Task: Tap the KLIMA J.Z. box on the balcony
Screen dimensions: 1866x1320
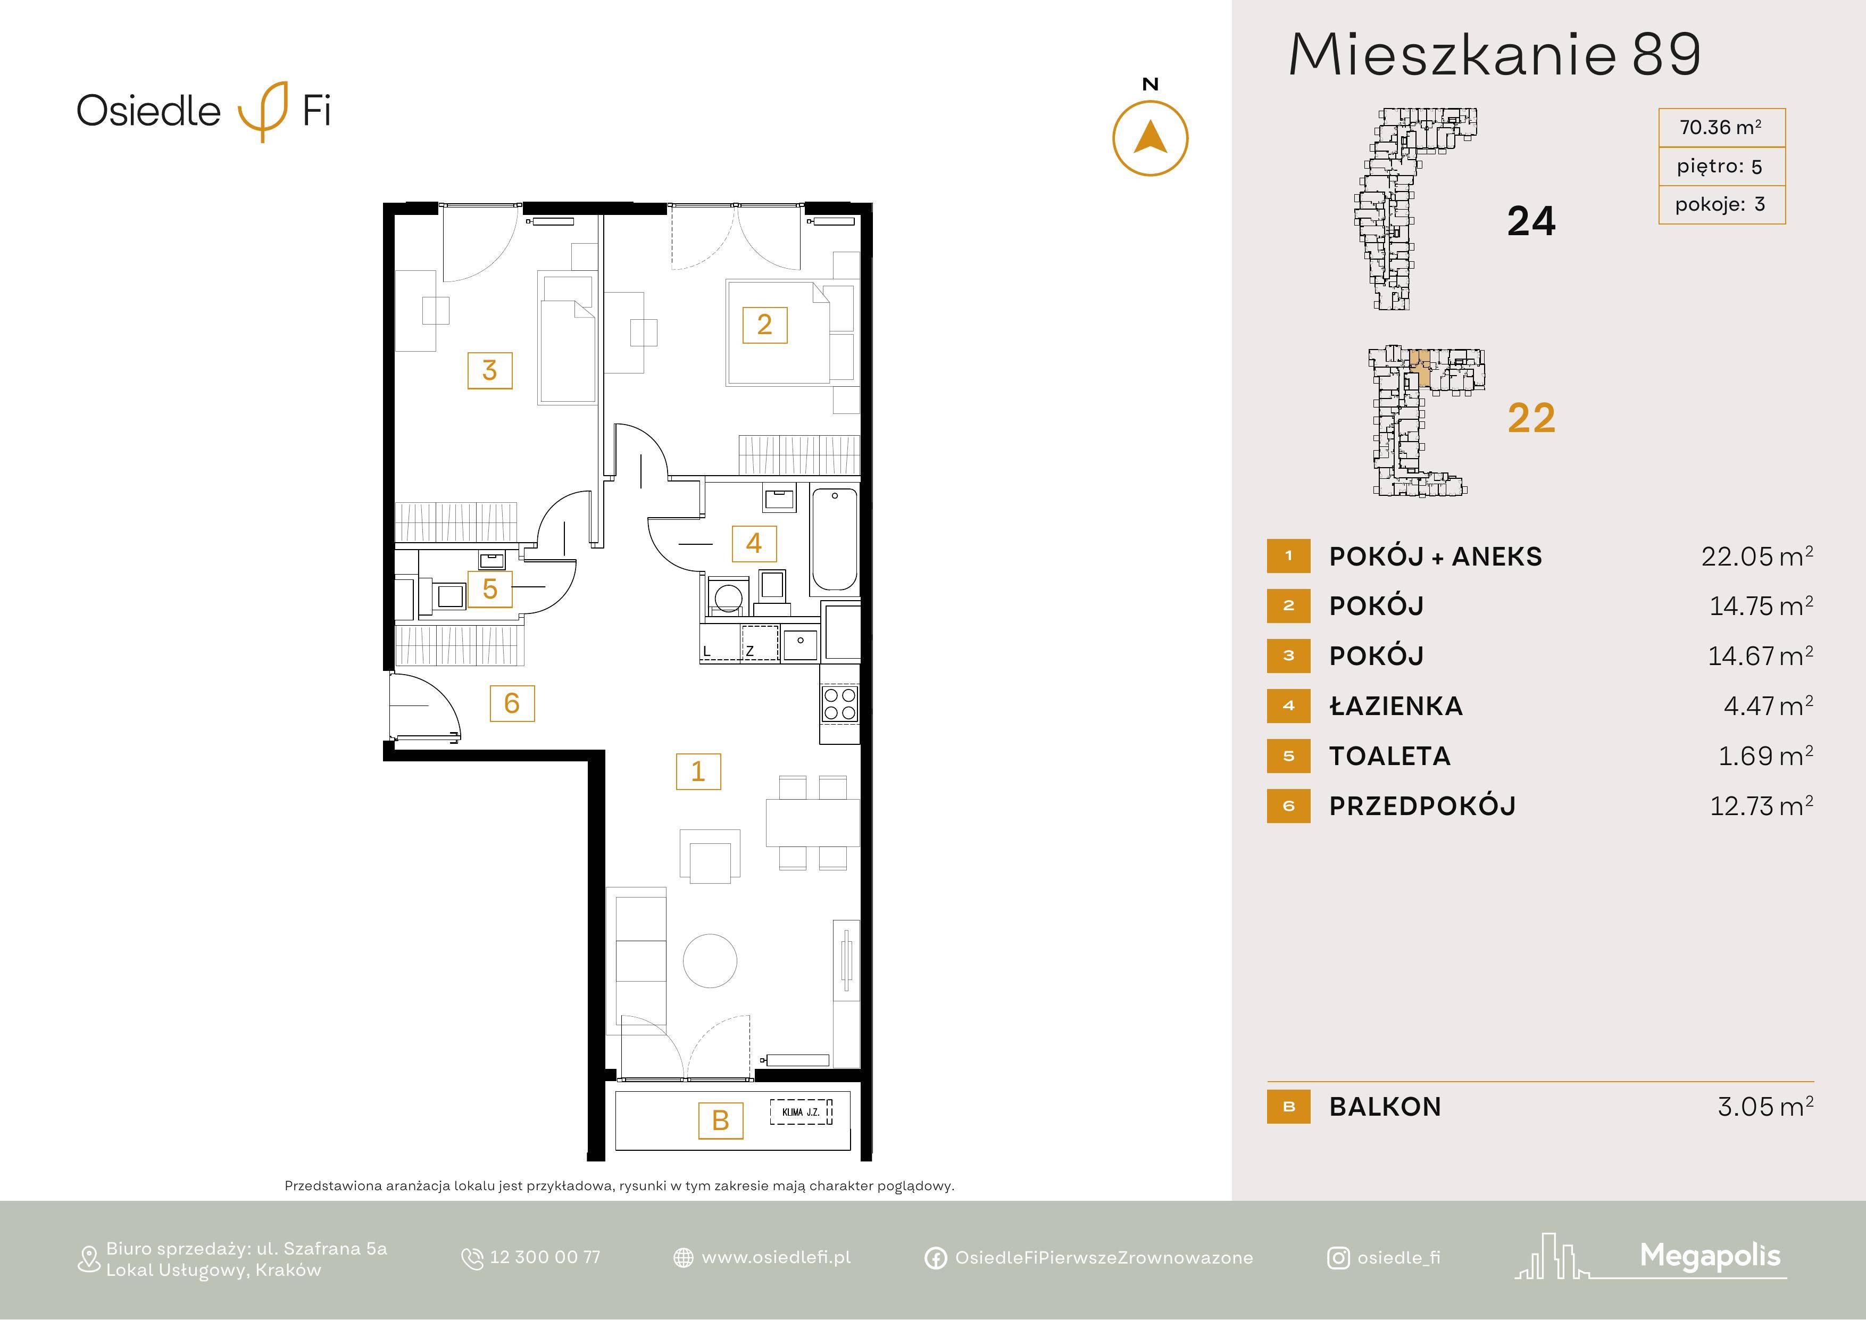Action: (801, 1112)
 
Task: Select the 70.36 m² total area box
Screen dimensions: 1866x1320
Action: (1721, 128)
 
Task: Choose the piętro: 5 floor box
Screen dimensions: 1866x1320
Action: (1721, 166)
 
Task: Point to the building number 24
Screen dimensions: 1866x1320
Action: (1531, 221)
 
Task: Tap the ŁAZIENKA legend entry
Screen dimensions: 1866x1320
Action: (1395, 707)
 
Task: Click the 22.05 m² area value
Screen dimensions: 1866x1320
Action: (1757, 556)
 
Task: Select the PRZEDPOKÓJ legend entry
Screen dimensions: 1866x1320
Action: (1422, 806)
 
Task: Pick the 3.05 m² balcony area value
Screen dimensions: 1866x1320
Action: (1765, 1106)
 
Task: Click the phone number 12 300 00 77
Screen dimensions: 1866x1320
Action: (545, 1257)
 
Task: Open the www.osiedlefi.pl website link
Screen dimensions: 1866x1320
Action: (776, 1257)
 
